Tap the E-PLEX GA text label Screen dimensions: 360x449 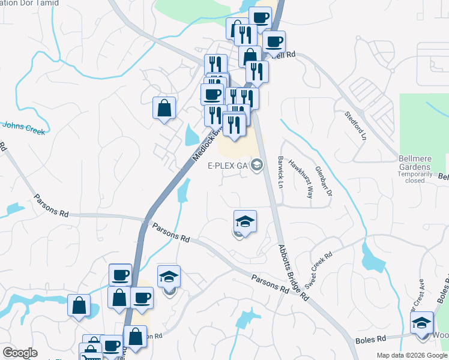point(228,166)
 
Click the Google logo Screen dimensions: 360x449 point(19,353)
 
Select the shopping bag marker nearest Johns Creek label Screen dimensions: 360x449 point(164,109)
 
